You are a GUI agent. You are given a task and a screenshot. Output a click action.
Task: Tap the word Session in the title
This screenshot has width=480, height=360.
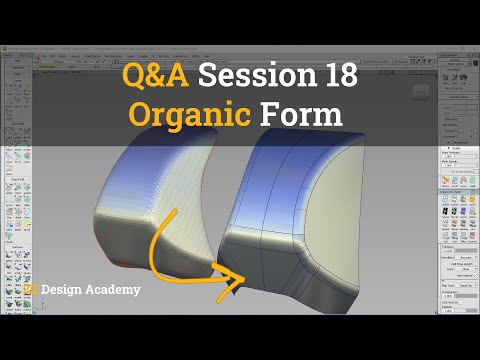(251, 75)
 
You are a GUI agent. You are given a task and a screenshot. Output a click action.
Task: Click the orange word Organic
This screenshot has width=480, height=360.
(191, 113)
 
